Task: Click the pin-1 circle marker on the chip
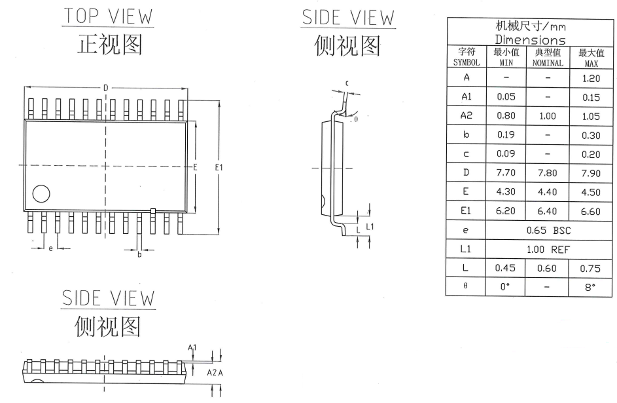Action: click(x=41, y=193)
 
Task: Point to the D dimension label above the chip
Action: click(x=105, y=88)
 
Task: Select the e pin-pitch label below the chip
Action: click(x=50, y=248)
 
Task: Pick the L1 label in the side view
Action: click(x=370, y=226)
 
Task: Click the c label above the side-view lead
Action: click(x=346, y=83)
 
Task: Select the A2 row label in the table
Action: click(x=467, y=116)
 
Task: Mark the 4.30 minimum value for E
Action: click(x=505, y=193)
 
